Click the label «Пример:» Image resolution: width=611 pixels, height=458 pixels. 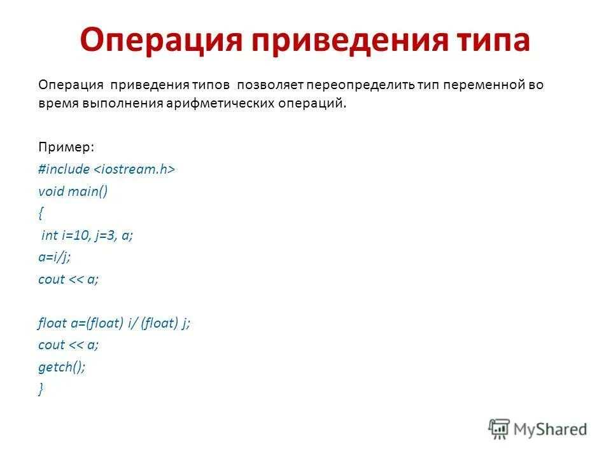pyautogui.click(x=66, y=147)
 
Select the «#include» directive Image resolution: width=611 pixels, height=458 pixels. pyautogui.click(x=64, y=170)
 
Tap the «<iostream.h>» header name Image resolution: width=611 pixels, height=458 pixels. pyautogui.click(x=135, y=170)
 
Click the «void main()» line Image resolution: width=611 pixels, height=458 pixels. pyautogui.click(x=73, y=192)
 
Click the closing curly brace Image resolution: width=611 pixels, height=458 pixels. pyautogui.click(x=41, y=389)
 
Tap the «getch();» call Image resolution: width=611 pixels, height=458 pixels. pyautogui.click(x=61, y=366)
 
